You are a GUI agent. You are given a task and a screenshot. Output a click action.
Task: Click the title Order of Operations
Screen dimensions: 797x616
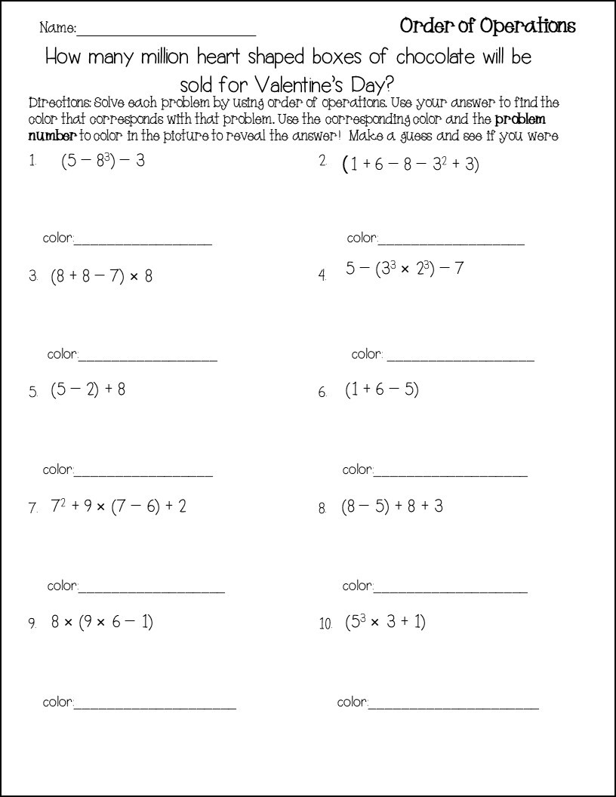click(x=487, y=26)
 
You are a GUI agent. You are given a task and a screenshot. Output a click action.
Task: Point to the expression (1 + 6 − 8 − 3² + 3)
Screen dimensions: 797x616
click(x=411, y=164)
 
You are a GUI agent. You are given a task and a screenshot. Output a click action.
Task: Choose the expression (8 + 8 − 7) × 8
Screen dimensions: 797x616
click(x=102, y=276)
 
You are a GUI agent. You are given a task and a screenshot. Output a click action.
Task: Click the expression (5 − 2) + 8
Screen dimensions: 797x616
click(x=88, y=390)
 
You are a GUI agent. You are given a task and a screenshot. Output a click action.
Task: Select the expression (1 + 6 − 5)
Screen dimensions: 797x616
click(x=382, y=390)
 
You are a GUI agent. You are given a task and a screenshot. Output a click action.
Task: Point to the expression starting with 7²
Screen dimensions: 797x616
click(x=119, y=506)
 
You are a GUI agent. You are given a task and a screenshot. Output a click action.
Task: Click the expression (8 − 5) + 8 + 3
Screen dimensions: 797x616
click(x=392, y=506)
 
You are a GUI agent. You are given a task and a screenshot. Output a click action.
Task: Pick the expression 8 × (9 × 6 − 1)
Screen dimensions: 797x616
click(x=102, y=622)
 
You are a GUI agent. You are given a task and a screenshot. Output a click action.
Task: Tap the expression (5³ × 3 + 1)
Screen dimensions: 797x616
click(x=386, y=622)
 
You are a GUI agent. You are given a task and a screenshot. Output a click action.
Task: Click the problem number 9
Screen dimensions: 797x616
click(x=32, y=623)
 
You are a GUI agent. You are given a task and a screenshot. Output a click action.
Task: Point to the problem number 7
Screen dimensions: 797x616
click(x=33, y=508)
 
